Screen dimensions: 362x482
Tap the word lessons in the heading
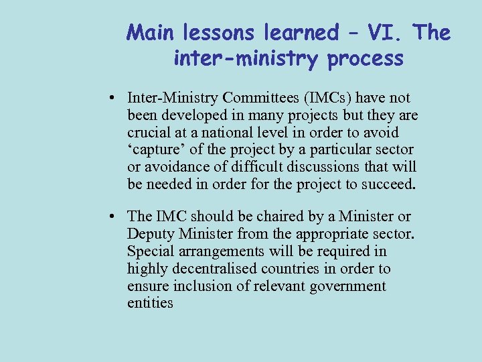208,32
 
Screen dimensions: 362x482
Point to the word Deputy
149,234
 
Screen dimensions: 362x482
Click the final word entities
150,304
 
